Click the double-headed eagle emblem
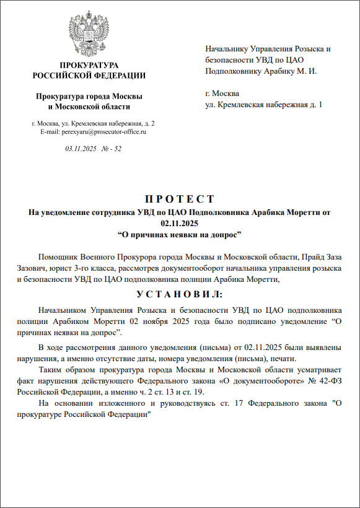click(x=89, y=32)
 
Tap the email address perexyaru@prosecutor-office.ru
click(x=93, y=132)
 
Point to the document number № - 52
click(x=111, y=149)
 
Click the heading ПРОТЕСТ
click(x=180, y=199)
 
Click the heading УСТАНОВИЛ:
click(x=180, y=294)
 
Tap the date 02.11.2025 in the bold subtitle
click(x=180, y=223)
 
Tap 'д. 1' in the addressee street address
click(x=317, y=105)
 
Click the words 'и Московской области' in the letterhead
click(x=89, y=107)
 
